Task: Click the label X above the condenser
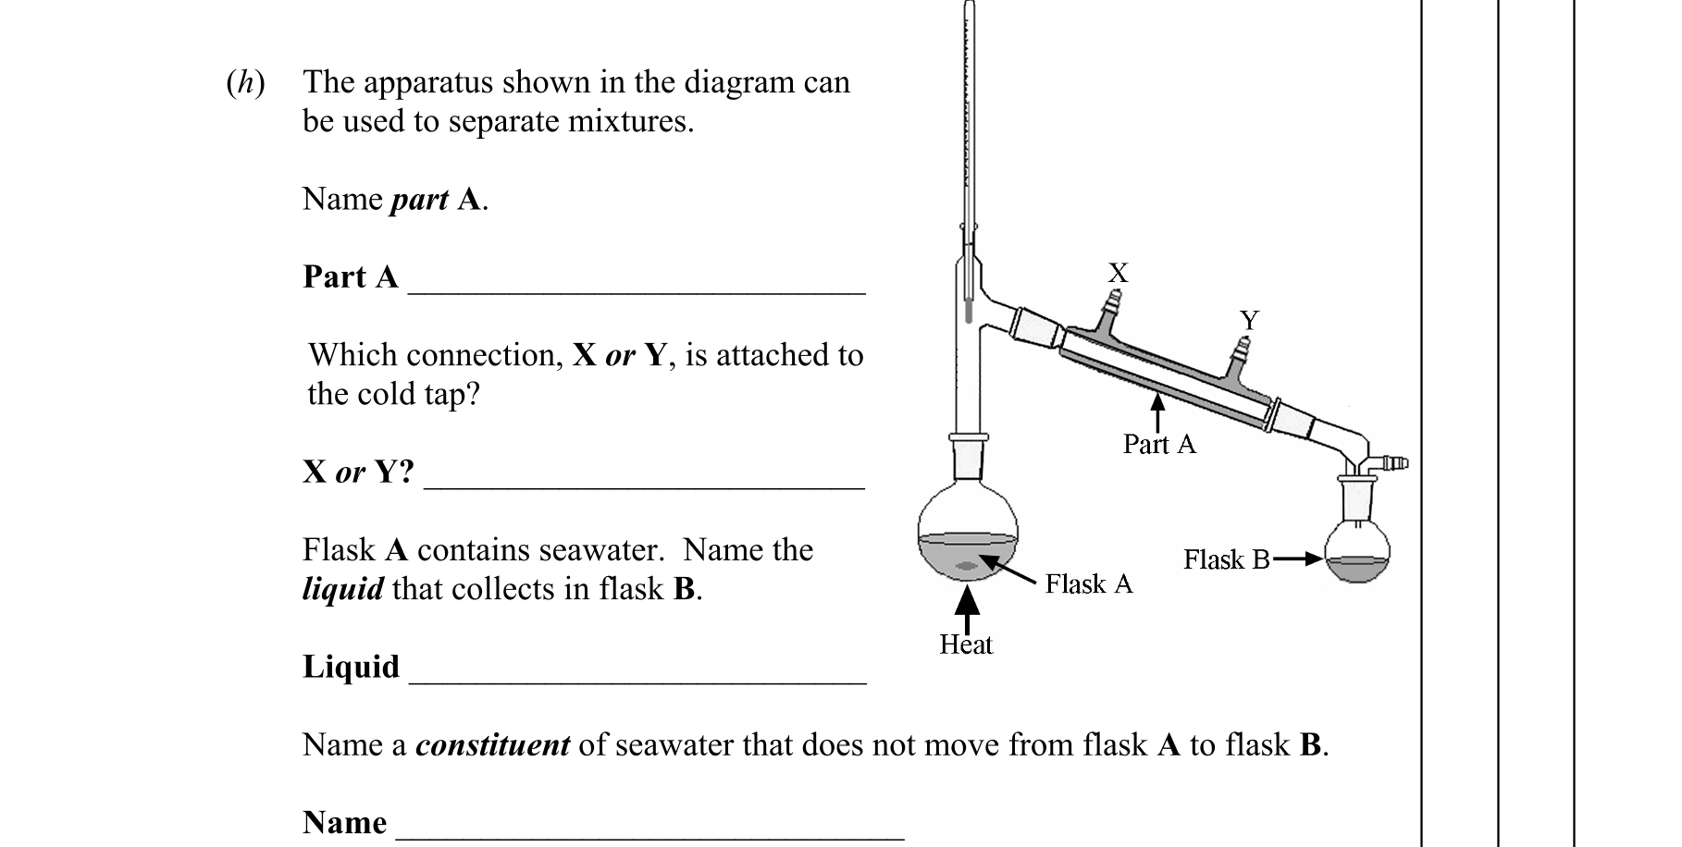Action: pyautogui.click(x=1118, y=272)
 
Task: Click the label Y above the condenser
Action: pyautogui.click(x=1249, y=320)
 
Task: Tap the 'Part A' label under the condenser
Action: pyautogui.click(x=1159, y=445)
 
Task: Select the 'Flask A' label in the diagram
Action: pyautogui.click(x=1088, y=583)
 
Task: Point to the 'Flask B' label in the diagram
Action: pyautogui.click(x=1226, y=559)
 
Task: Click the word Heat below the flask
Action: pyautogui.click(x=965, y=644)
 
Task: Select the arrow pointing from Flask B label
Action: pyautogui.click(x=1298, y=559)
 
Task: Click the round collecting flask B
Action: pyautogui.click(x=1357, y=553)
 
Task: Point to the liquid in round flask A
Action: pyautogui.click(x=967, y=559)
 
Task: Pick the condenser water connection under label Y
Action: pyautogui.click(x=1243, y=355)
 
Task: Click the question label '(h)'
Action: pyautogui.click(x=245, y=83)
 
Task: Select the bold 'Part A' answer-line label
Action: pyautogui.click(x=350, y=276)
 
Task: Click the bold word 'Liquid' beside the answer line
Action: pyautogui.click(x=351, y=667)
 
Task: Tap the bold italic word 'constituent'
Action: pyautogui.click(x=492, y=745)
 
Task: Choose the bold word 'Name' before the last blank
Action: pyautogui.click(x=344, y=822)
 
